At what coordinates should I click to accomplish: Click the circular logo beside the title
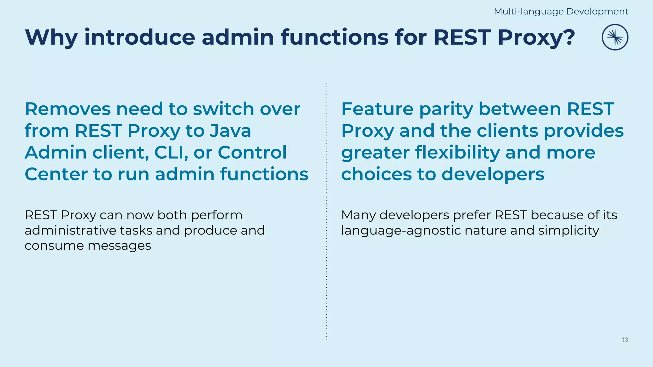coord(615,37)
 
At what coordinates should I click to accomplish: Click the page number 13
coord(625,340)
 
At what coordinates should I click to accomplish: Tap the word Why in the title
coord(51,38)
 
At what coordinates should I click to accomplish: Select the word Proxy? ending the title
coord(536,38)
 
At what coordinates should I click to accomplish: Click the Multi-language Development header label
coord(561,11)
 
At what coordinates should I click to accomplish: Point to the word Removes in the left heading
coord(68,109)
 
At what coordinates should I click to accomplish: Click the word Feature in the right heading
coord(377,109)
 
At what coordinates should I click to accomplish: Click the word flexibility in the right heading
coord(458,153)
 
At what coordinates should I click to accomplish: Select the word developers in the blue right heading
coord(493,175)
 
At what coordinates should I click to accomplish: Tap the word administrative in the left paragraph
coord(70,230)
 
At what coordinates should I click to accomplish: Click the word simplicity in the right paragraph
coord(569,231)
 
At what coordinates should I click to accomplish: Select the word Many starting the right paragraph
coord(358,215)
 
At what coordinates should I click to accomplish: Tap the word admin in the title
coord(238,38)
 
